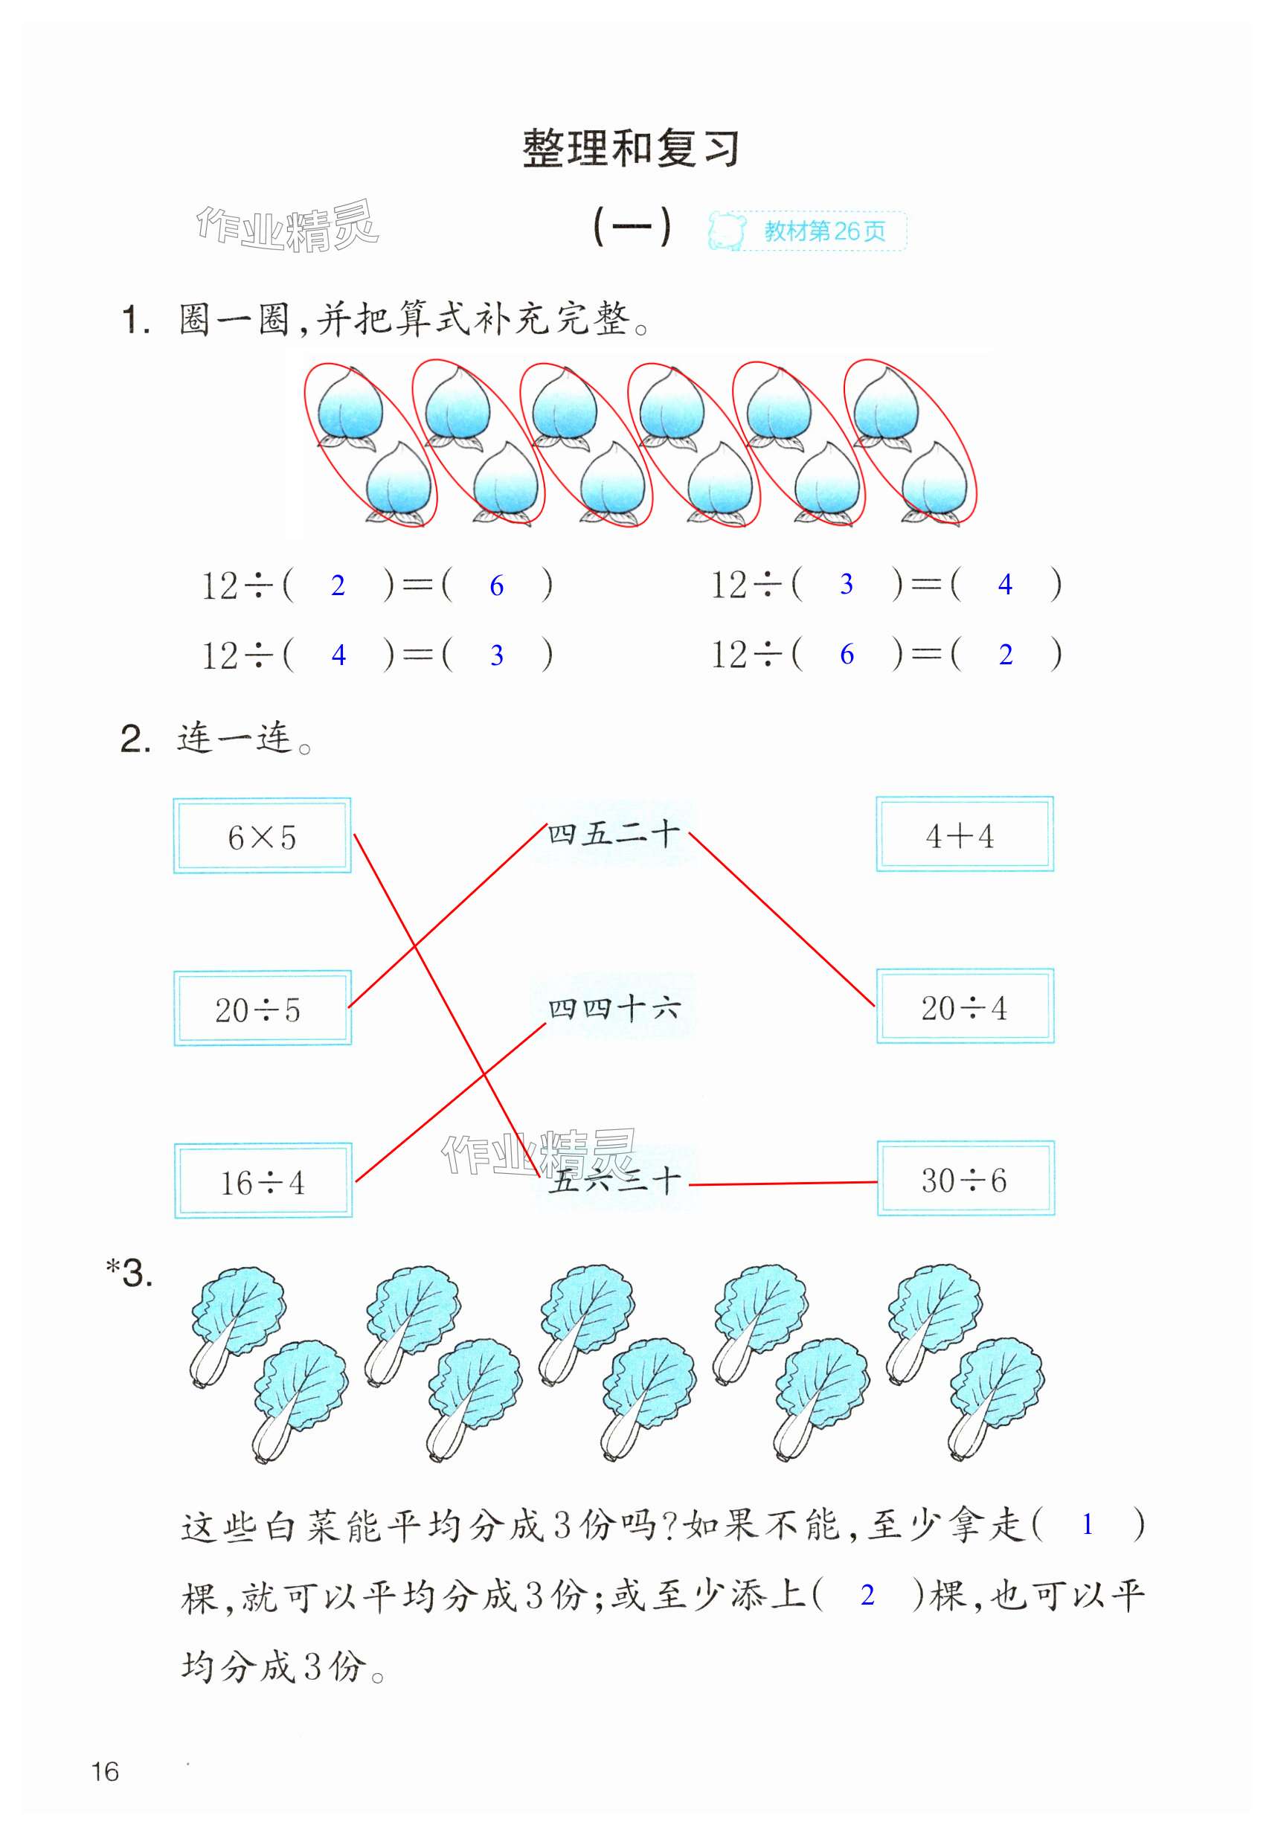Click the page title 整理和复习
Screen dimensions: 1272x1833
click(631, 149)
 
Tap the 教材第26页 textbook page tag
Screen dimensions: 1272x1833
click(824, 231)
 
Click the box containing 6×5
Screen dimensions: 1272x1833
click(262, 835)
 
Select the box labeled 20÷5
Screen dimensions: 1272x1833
click(262, 1008)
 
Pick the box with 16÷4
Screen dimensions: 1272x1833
click(263, 1181)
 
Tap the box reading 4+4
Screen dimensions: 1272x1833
click(964, 835)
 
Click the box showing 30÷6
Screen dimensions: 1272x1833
click(966, 1178)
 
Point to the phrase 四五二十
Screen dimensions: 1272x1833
click(613, 835)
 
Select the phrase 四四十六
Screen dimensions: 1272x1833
click(613, 1008)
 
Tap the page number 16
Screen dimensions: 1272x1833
click(105, 1772)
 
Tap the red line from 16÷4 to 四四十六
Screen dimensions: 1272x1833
click(450, 1102)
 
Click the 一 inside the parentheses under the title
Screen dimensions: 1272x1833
click(632, 227)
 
